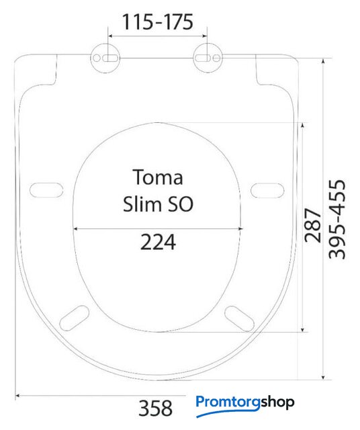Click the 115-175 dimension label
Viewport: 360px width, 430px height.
[158, 22]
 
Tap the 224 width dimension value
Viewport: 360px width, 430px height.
[158, 242]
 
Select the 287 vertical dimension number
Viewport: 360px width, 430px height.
[313, 226]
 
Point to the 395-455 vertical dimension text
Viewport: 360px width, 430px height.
[337, 219]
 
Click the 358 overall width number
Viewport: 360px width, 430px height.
[155, 408]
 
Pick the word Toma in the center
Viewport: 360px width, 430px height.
[158, 177]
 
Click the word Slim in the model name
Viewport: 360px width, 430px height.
[138, 204]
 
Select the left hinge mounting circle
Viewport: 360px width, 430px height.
[105, 58]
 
